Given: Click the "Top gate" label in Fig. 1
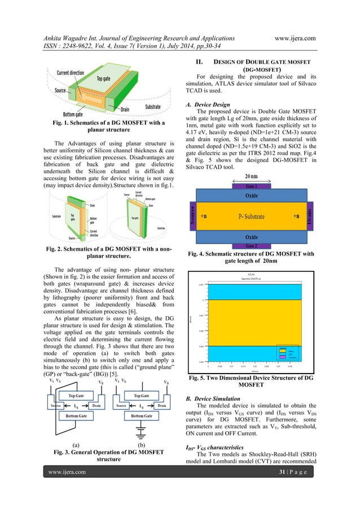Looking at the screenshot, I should point(103,79).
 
